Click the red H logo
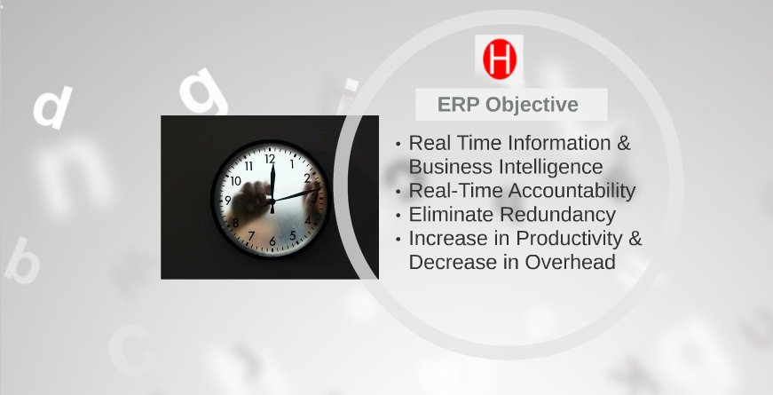click(x=500, y=59)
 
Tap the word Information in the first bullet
click(x=559, y=143)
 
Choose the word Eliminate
click(x=451, y=215)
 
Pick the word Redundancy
click(x=557, y=215)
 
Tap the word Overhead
click(x=570, y=262)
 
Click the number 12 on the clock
click(x=270, y=159)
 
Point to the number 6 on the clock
click(x=272, y=241)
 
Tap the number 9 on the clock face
click(x=228, y=201)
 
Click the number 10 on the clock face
click(x=236, y=181)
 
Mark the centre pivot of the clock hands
click(x=272, y=201)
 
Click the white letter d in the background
click(x=52, y=107)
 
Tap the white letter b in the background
click(x=22, y=260)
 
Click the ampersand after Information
click(x=624, y=143)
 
